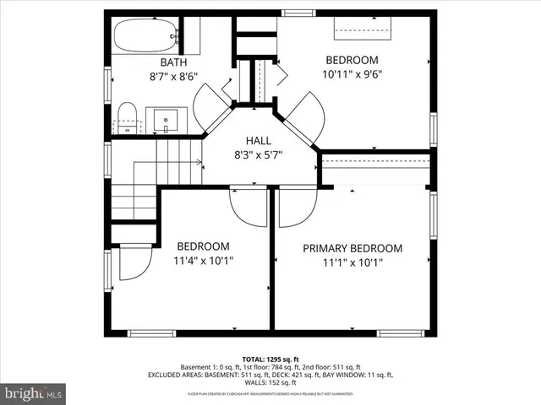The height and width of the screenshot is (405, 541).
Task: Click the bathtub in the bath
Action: click(x=145, y=35)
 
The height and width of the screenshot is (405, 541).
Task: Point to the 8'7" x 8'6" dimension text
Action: click(x=173, y=77)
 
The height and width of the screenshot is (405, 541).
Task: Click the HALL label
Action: click(x=259, y=140)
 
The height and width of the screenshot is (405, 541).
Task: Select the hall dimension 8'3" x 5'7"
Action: click(x=259, y=154)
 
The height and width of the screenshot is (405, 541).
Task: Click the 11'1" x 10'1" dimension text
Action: click(x=352, y=262)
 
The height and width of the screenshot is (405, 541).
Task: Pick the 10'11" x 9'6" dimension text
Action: click(x=352, y=74)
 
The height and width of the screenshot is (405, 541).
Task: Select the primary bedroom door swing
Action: click(x=298, y=208)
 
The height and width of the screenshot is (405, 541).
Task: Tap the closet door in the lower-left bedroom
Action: click(x=134, y=262)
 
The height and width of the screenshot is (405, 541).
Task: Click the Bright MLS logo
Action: click(x=34, y=393)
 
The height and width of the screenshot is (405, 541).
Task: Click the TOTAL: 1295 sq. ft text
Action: click(x=270, y=359)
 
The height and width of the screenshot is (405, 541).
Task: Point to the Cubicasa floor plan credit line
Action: click(x=270, y=394)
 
